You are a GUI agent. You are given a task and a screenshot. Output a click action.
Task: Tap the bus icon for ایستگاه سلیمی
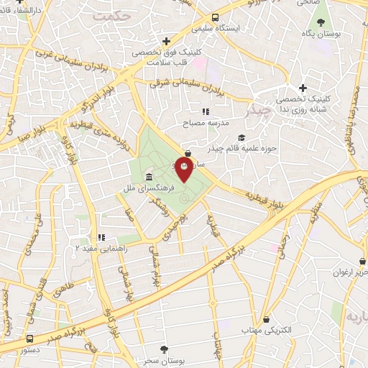(216, 19)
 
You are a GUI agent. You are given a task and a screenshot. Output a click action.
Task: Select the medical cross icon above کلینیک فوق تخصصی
(166, 41)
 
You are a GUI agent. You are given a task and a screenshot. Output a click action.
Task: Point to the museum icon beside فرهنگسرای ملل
(148, 178)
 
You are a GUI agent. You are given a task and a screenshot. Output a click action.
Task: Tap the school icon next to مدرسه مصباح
(206, 111)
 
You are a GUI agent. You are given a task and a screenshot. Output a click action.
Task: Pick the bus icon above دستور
(29, 339)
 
